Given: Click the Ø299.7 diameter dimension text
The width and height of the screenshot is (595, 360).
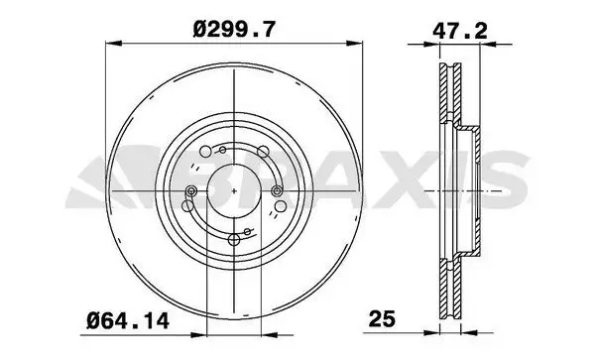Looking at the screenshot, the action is coord(233,29).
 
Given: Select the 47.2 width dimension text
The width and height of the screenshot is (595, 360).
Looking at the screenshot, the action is coord(460,31).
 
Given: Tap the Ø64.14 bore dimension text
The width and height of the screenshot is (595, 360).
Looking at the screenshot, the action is coord(128,321).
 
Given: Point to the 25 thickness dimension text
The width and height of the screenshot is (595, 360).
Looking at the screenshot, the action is coord(382,318).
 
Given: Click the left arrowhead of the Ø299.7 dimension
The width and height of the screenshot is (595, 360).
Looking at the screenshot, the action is coord(113,43).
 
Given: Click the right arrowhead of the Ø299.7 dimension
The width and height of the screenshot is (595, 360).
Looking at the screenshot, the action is coord(355,43).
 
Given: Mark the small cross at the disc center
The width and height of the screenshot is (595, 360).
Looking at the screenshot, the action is coord(234,190).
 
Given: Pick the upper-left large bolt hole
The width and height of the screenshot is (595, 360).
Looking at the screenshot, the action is coord(205,152).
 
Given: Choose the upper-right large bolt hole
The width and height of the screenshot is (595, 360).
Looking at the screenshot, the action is coord(263,152).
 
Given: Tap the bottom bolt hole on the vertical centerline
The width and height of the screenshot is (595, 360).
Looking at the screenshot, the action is coord(234,240).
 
